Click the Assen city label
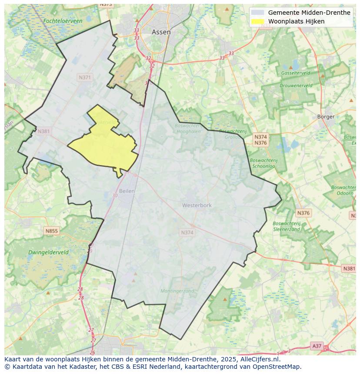161,32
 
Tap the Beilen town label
127,191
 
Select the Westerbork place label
197,205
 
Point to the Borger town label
326,116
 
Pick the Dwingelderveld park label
48,252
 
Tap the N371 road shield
85,77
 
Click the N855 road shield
51,231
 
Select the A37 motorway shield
317,346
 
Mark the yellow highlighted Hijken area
107,146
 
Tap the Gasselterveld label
296,73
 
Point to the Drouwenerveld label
296,86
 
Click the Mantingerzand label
177,291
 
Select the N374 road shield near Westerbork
187,233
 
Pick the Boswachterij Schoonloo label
264,163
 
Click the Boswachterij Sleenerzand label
287,226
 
